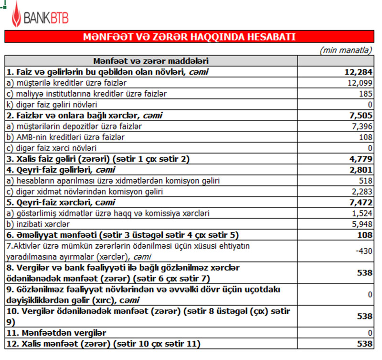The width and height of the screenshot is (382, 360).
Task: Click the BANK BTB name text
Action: (x=46, y=19)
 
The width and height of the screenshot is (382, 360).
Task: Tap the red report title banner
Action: (x=189, y=37)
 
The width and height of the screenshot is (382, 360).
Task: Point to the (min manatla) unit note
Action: (x=346, y=50)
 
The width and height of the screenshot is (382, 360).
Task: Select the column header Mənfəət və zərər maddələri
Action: (x=150, y=61)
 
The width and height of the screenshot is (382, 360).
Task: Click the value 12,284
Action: (x=358, y=72)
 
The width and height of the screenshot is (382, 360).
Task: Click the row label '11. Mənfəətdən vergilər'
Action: (x=56, y=332)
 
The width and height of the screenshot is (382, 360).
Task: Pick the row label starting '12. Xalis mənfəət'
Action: (x=103, y=343)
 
